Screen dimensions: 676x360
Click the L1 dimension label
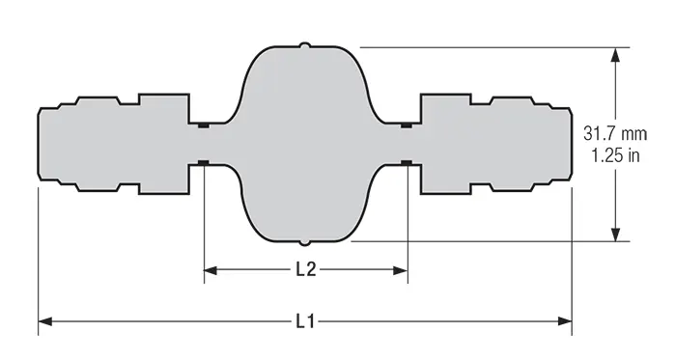(305, 321)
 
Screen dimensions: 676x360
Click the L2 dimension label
(306, 270)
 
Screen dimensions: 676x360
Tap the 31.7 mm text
(615, 133)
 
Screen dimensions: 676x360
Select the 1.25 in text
(615, 155)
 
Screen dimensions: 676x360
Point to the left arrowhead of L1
(45, 321)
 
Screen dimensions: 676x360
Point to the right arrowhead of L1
(565, 321)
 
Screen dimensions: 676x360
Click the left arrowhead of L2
(211, 270)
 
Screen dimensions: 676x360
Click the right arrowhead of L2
(401, 270)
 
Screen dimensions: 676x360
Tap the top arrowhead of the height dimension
(616, 55)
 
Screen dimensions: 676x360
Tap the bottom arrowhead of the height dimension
(616, 235)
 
